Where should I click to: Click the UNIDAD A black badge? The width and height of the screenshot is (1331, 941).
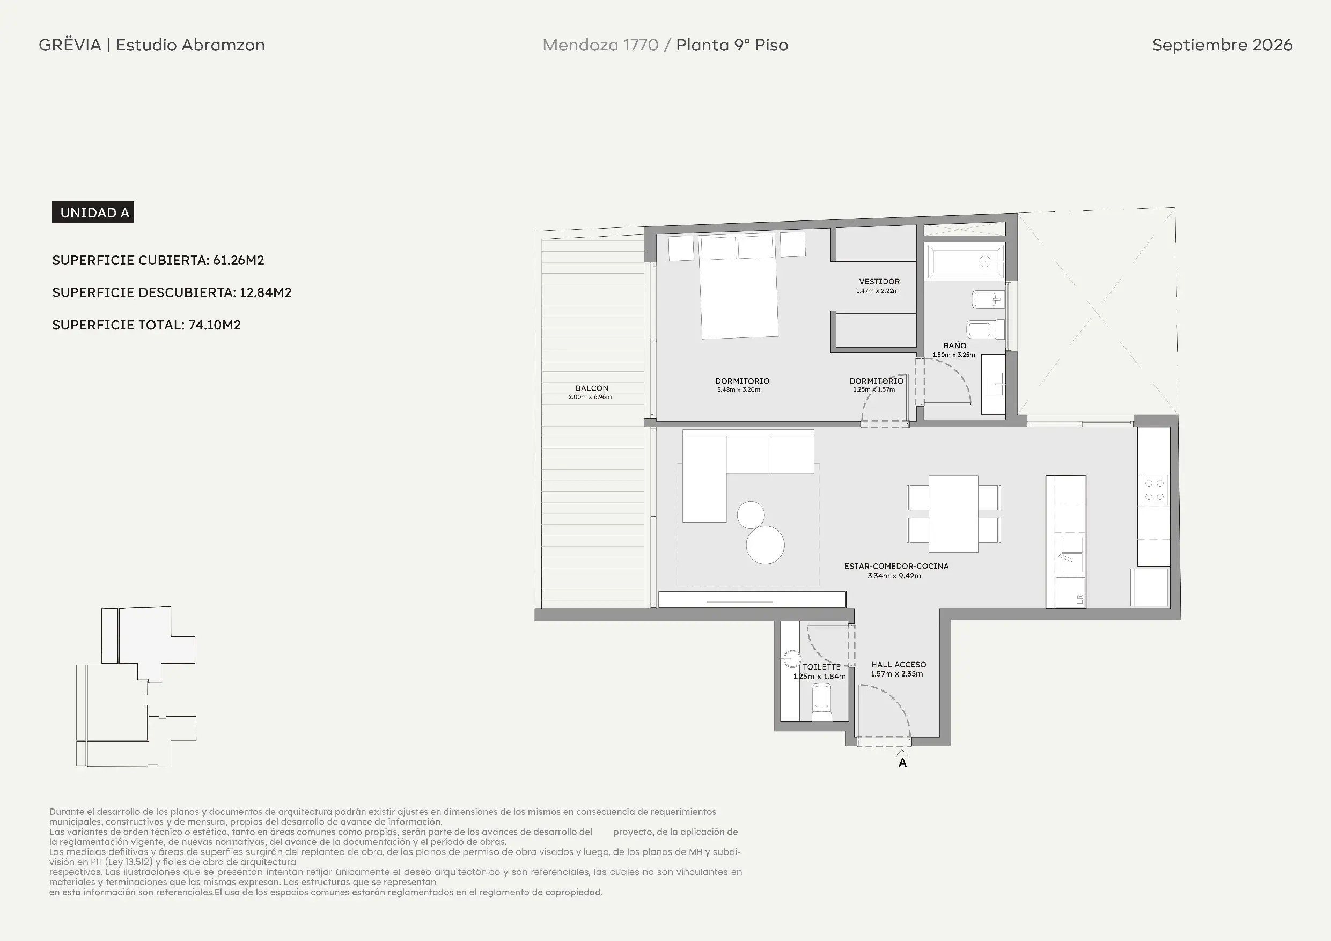click(x=92, y=212)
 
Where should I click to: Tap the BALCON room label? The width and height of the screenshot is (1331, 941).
click(x=592, y=388)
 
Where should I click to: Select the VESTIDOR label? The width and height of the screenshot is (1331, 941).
click(x=879, y=282)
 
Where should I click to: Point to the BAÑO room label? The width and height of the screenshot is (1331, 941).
click(x=955, y=345)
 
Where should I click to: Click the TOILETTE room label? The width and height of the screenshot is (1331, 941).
click(x=821, y=667)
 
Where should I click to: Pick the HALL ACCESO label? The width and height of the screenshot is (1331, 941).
click(x=899, y=664)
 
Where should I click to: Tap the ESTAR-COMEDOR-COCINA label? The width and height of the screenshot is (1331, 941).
click(x=896, y=566)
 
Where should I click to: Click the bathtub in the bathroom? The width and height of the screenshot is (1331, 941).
click(x=965, y=261)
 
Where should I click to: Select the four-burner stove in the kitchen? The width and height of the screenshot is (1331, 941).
click(x=1153, y=490)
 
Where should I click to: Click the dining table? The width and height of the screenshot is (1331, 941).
click(x=954, y=514)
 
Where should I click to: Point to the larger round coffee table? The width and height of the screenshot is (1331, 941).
click(x=765, y=545)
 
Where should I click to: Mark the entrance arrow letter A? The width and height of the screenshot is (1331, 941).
click(x=902, y=763)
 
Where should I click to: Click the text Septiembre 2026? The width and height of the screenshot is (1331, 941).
click(x=1222, y=45)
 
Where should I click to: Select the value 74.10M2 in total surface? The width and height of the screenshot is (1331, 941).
click(x=215, y=325)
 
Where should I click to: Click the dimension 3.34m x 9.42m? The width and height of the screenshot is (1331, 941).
click(x=894, y=576)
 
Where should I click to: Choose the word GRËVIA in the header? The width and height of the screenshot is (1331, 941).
click(x=70, y=45)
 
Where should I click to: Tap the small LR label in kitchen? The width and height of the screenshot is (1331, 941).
click(x=1080, y=599)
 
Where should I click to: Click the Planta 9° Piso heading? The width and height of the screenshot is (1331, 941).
click(x=732, y=45)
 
